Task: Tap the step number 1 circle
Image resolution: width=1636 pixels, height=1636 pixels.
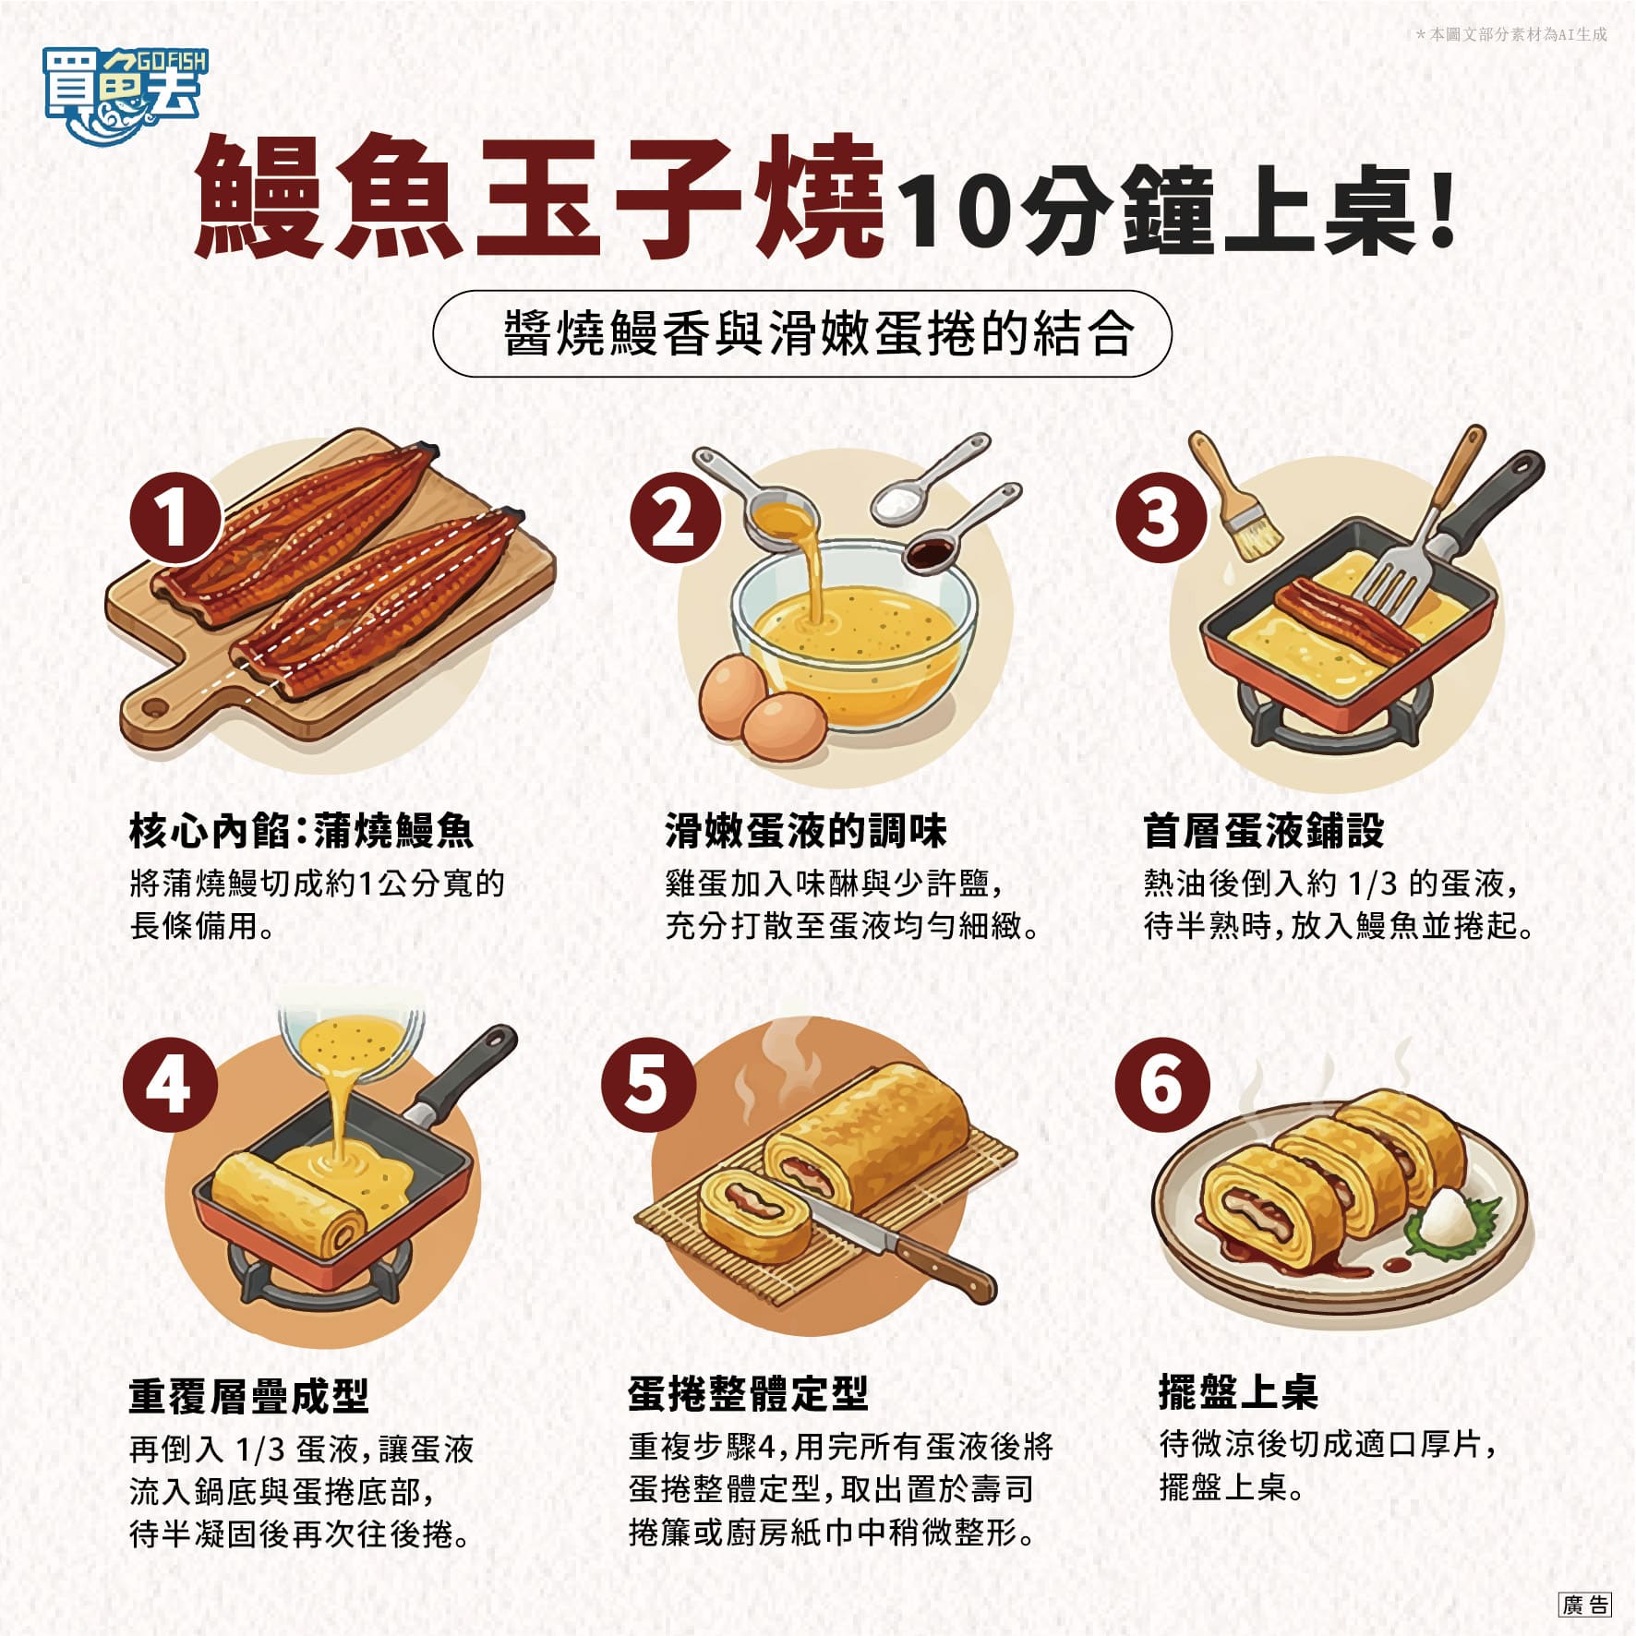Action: (174, 517)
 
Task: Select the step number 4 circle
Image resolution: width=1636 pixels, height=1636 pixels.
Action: (170, 1085)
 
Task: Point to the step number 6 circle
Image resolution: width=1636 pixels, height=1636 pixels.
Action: (1161, 1084)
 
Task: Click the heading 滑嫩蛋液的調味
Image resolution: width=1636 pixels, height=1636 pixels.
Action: (806, 830)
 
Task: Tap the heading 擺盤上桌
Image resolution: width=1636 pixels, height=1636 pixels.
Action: (1238, 1390)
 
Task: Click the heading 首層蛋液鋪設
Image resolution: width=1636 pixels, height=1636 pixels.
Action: (1264, 830)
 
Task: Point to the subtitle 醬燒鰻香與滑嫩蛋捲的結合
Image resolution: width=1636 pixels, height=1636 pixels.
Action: (818, 333)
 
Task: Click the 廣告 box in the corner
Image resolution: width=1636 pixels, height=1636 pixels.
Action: (1585, 1605)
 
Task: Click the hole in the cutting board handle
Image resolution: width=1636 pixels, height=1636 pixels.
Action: (154, 709)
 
